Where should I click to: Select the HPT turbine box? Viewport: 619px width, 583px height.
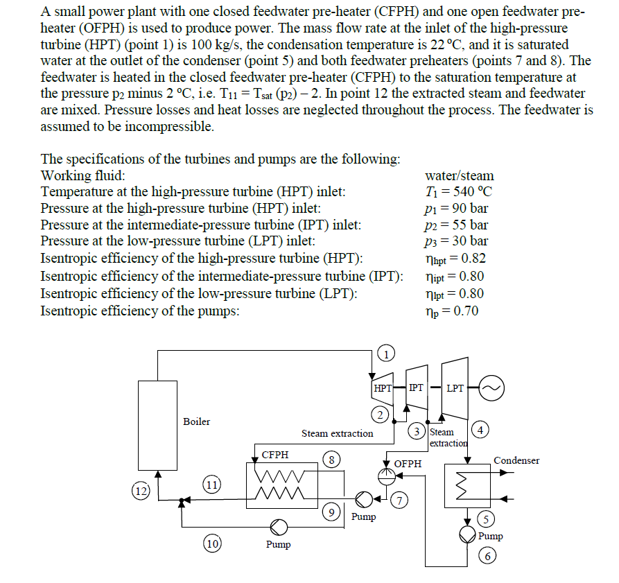tap(382, 388)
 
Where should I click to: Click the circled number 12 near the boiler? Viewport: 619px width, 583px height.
tap(141, 491)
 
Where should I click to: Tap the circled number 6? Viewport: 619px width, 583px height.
tap(489, 556)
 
